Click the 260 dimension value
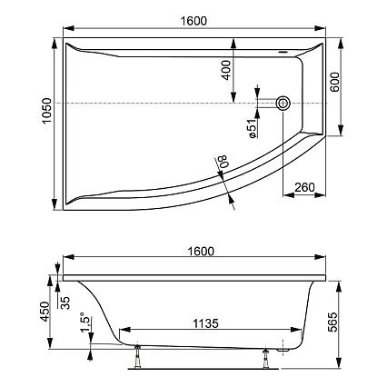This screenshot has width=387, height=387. [304, 188]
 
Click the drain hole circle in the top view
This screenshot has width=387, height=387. [284, 104]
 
